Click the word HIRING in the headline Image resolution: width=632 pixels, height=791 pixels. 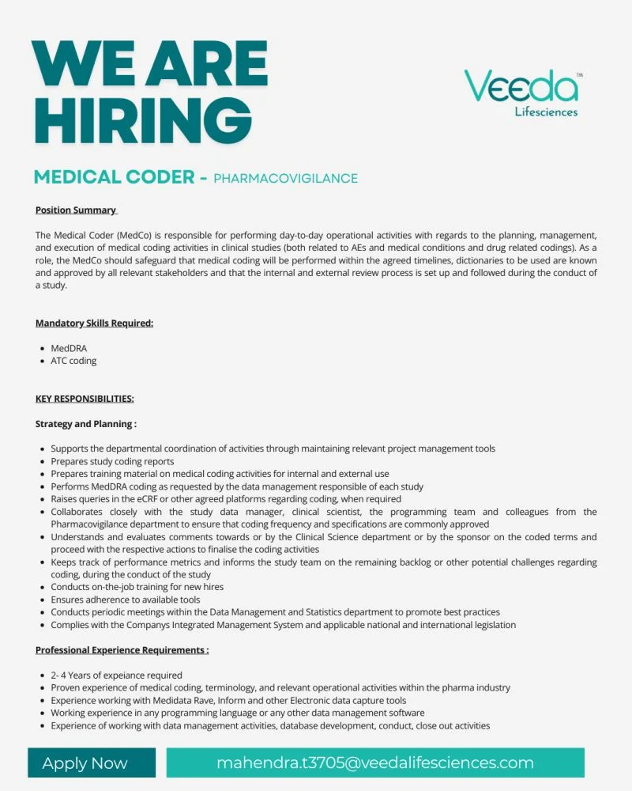[143, 120]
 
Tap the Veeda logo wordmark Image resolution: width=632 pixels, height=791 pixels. [521, 86]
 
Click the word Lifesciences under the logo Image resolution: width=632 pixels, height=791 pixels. [546, 112]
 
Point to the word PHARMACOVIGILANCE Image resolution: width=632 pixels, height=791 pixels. [285, 178]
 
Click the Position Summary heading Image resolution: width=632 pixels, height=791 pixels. [76, 210]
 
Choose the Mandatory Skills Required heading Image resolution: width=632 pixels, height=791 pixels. [94, 323]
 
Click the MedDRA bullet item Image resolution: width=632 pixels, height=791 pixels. [70, 348]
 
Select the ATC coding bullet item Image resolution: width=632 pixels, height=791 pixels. [73, 361]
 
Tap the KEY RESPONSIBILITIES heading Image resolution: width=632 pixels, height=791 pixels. [85, 398]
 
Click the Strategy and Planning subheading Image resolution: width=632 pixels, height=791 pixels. [85, 423]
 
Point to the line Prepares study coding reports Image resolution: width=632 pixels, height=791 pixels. [112, 461]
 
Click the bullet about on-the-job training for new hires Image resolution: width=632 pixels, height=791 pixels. [137, 587]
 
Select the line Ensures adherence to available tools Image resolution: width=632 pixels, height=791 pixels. [125, 600]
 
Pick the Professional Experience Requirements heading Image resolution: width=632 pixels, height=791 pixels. [122, 649]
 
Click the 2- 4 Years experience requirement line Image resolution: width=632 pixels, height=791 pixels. [116, 676]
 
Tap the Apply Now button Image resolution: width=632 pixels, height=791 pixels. [85, 763]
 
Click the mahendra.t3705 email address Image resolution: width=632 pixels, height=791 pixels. [375, 763]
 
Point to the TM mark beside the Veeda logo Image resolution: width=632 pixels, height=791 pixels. [580, 74]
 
